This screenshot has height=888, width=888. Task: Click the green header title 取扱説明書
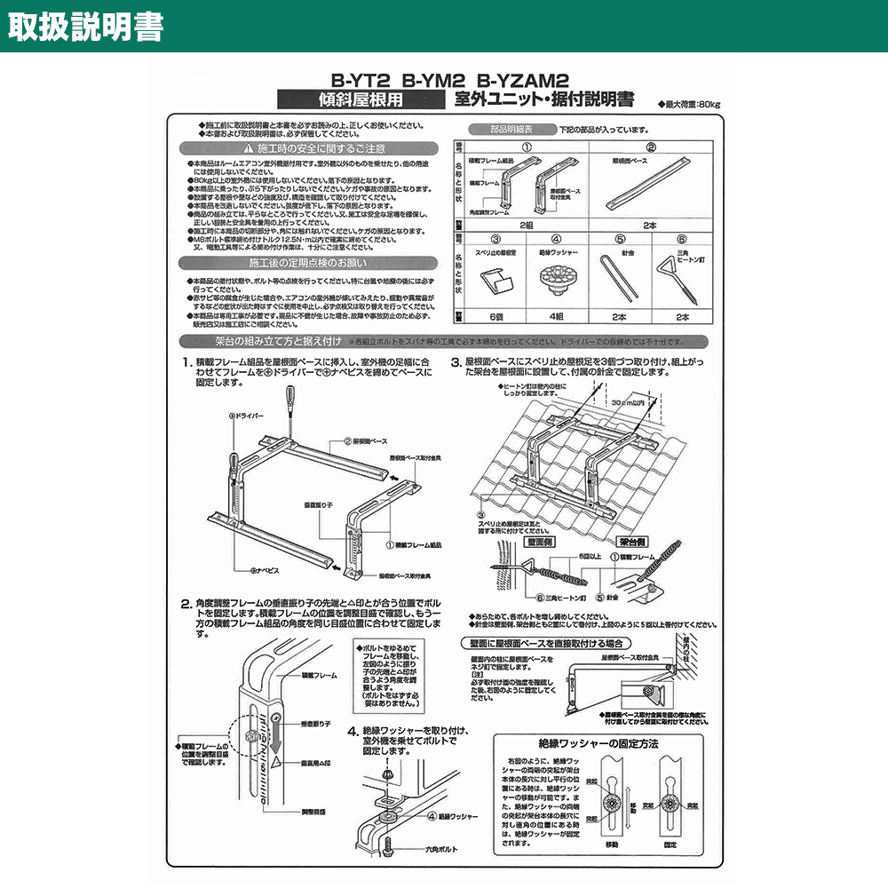coord(85,27)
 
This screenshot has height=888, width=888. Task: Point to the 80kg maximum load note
coord(690,105)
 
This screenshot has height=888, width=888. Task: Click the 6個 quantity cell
coord(497,316)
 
